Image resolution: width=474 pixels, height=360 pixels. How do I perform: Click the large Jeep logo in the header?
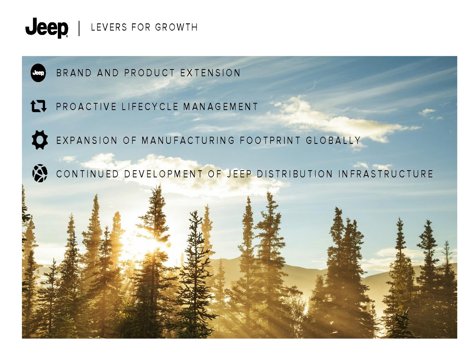(x=47, y=28)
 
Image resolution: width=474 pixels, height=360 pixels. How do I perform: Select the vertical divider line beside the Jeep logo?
(x=79, y=28)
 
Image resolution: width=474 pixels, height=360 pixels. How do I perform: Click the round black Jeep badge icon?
(x=38, y=73)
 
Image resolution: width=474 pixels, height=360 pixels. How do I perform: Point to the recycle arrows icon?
(x=39, y=106)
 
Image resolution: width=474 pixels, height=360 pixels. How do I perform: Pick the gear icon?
(x=40, y=140)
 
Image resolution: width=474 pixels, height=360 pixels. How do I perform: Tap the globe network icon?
(x=40, y=173)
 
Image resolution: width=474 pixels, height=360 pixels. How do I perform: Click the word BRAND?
(x=74, y=73)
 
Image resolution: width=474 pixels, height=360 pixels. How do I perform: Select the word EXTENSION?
(x=210, y=73)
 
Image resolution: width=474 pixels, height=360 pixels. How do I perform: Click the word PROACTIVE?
(x=86, y=107)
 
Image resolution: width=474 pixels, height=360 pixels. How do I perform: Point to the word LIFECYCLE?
(x=150, y=107)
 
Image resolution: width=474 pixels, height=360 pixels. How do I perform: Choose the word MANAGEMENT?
(x=220, y=107)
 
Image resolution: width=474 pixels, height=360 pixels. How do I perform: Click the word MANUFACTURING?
(x=188, y=140)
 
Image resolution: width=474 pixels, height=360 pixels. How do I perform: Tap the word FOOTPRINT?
(x=270, y=140)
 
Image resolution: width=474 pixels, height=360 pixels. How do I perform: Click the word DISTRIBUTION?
(x=294, y=174)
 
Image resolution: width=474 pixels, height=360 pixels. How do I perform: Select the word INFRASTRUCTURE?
(x=386, y=174)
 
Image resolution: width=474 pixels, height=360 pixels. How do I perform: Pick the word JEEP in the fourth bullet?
(x=239, y=174)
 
